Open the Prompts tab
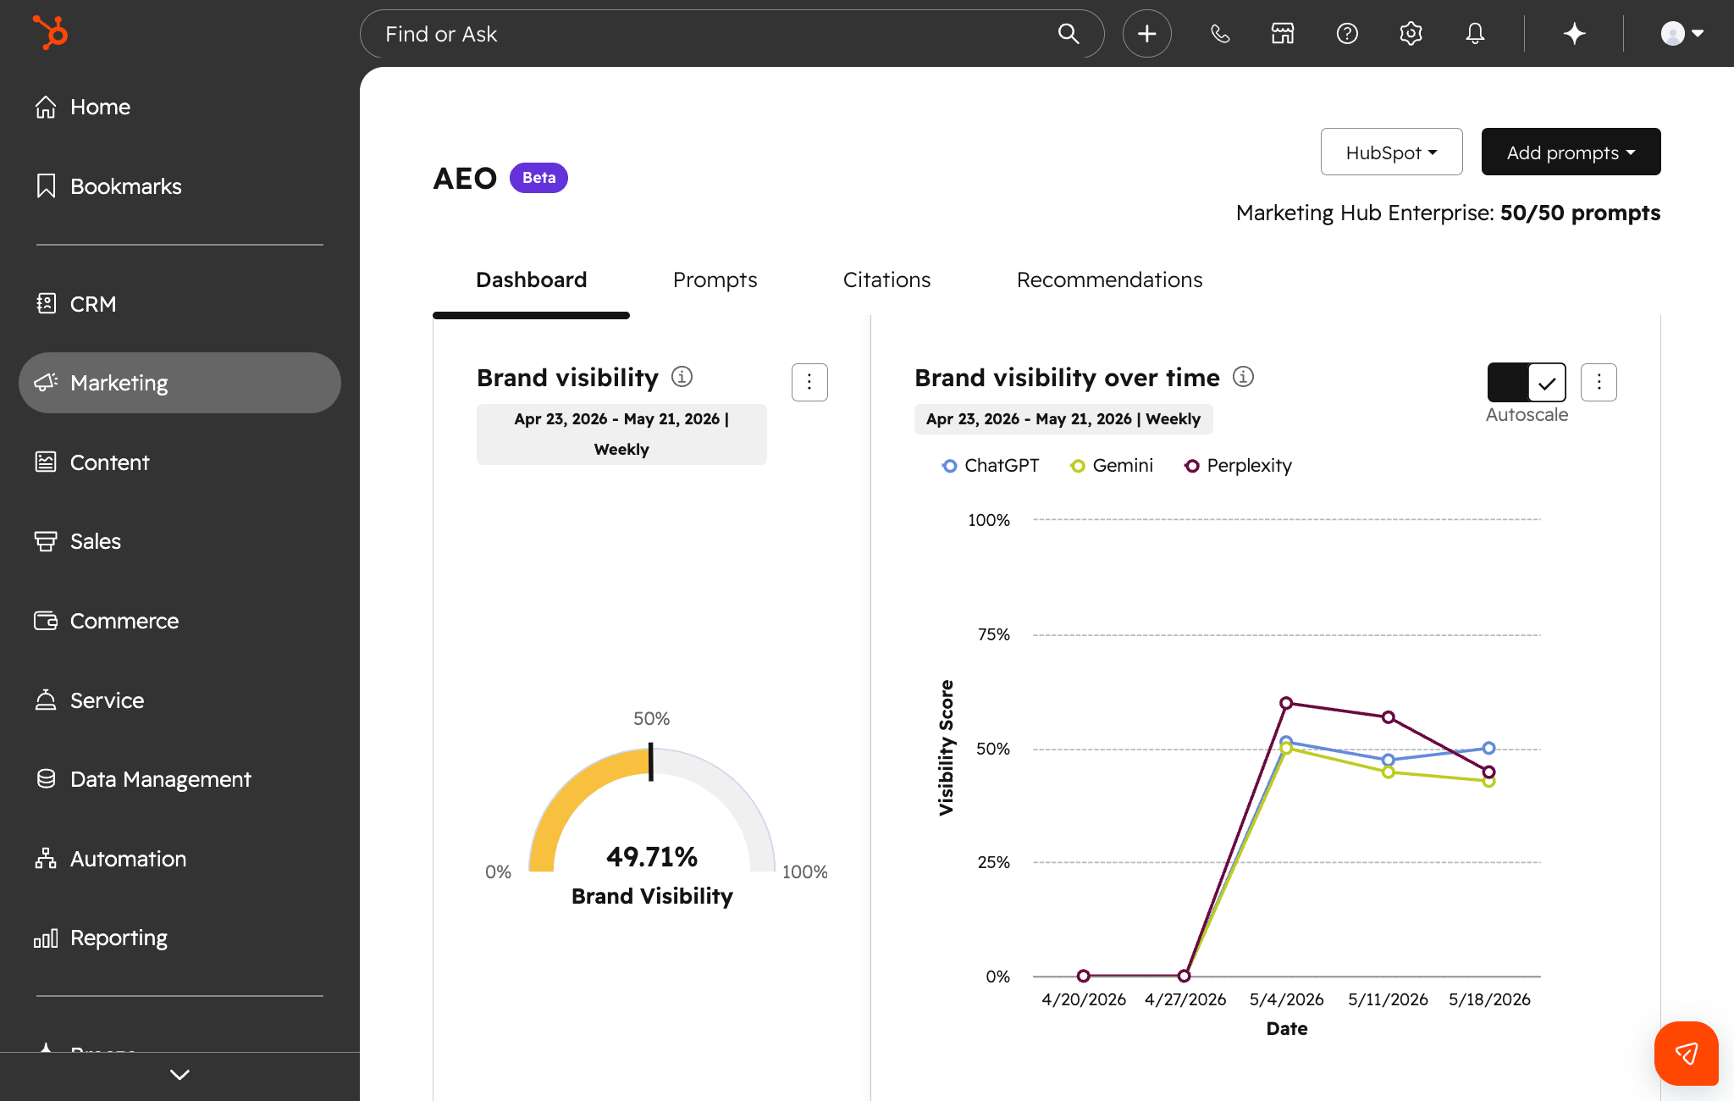pos(715,280)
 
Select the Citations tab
pos(886,280)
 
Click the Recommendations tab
pos(1109,280)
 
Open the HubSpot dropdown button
pos(1391,152)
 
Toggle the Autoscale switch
pos(1527,383)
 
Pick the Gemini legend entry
pos(1112,466)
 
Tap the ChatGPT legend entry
pos(991,466)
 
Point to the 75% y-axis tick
pos(993,634)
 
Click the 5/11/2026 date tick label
pos(1388,999)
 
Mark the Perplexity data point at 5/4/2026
pos(1286,703)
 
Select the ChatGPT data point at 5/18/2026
pos(1489,748)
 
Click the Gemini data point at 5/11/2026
pos(1389,772)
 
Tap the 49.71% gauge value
pos(652,857)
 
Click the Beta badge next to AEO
pos(538,178)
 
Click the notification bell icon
pos(1475,34)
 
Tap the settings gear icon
pos(1411,34)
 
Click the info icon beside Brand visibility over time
pos(1243,377)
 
